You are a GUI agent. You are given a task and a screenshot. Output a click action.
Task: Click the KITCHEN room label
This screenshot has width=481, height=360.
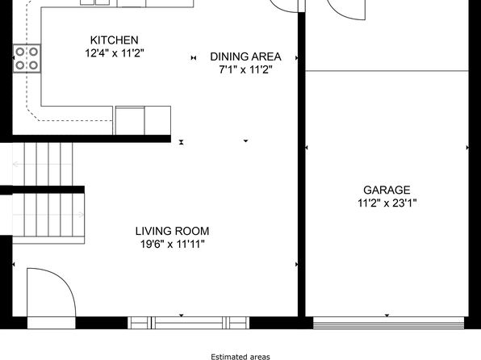tap(114, 40)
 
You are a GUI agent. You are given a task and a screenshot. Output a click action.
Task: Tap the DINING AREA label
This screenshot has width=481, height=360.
tap(245, 57)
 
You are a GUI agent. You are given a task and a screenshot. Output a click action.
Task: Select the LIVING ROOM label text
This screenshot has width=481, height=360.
tap(173, 231)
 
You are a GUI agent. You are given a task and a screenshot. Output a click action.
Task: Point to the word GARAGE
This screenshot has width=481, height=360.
tap(387, 190)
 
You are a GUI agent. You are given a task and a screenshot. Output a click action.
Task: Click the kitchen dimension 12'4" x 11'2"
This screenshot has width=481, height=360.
tap(115, 53)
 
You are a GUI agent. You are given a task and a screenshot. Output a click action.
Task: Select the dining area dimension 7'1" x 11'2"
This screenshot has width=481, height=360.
tap(245, 70)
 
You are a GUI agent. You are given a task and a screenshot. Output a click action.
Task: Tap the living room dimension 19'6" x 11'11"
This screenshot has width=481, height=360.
tap(173, 245)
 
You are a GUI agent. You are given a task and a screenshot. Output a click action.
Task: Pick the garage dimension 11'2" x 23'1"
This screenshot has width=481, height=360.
tap(387, 203)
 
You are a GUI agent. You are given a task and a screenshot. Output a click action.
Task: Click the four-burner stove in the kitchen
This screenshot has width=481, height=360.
tap(27, 58)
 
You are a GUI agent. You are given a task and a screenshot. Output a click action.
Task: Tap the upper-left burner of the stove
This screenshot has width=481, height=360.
tap(20, 52)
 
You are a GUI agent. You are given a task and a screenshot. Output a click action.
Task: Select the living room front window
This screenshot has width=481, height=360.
tap(188, 323)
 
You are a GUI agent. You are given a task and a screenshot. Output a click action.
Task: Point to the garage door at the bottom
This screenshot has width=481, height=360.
tap(388, 323)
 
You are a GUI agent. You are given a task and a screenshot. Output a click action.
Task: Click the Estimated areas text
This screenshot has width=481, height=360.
tap(240, 357)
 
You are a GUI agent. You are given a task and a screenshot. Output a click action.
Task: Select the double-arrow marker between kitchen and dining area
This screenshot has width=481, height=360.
tap(194, 57)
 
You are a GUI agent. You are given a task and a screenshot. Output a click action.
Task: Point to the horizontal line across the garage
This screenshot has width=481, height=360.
tap(387, 71)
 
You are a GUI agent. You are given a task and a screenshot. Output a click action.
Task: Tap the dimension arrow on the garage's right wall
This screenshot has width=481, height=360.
tap(467, 148)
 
